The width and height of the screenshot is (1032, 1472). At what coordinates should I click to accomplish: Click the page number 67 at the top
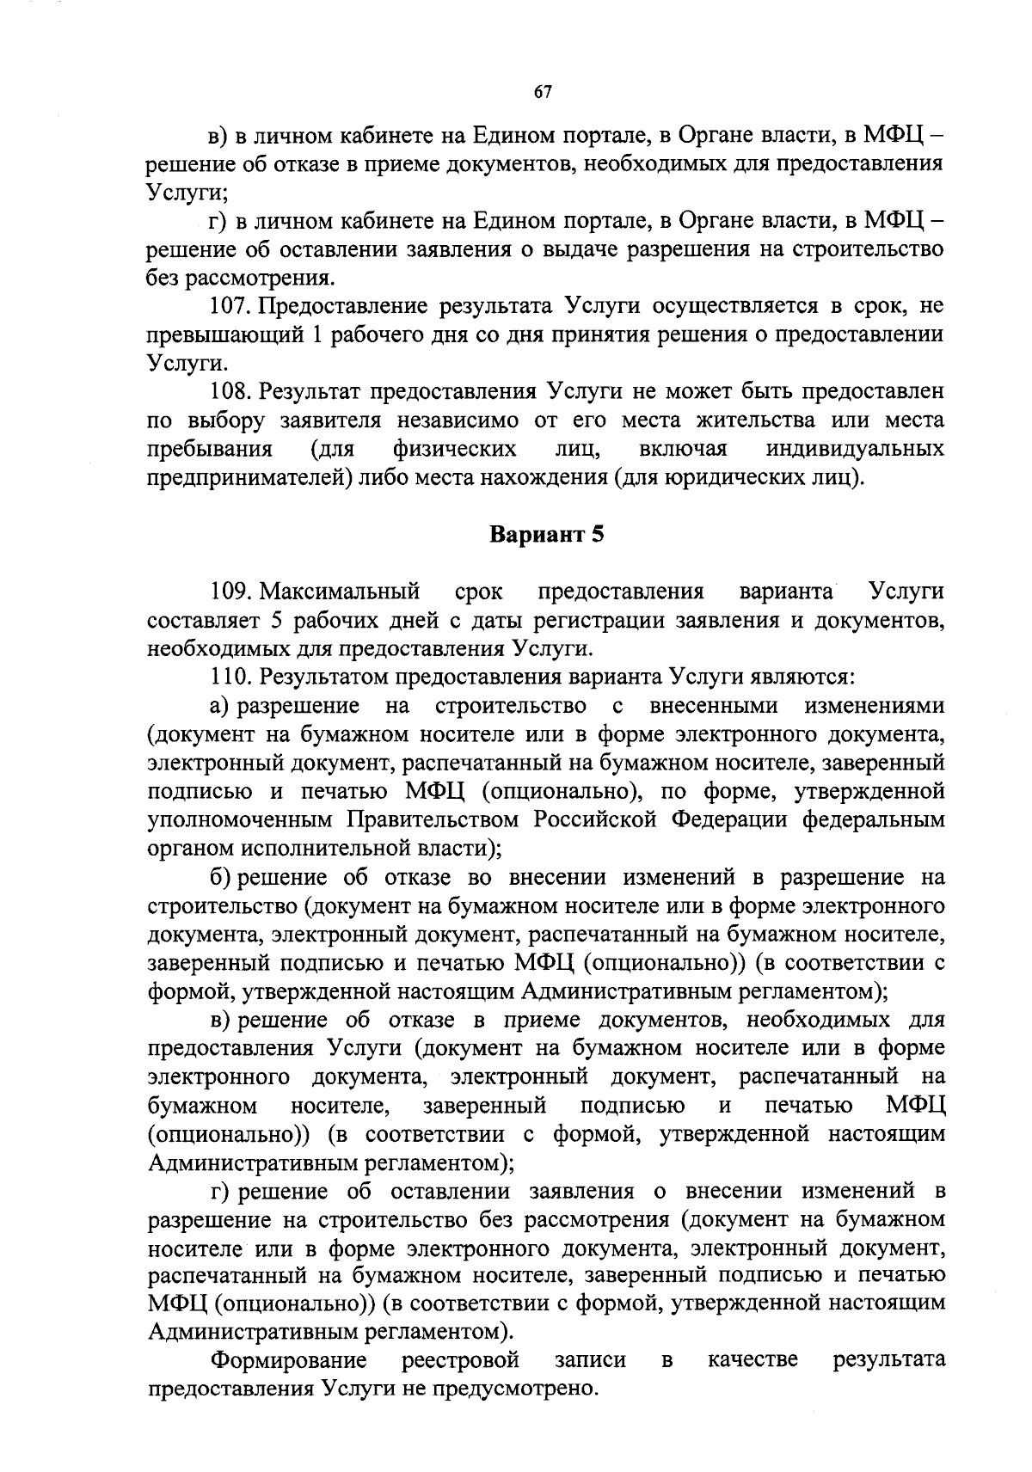pyautogui.click(x=542, y=94)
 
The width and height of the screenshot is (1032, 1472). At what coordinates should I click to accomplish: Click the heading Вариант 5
pyautogui.click(x=547, y=535)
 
